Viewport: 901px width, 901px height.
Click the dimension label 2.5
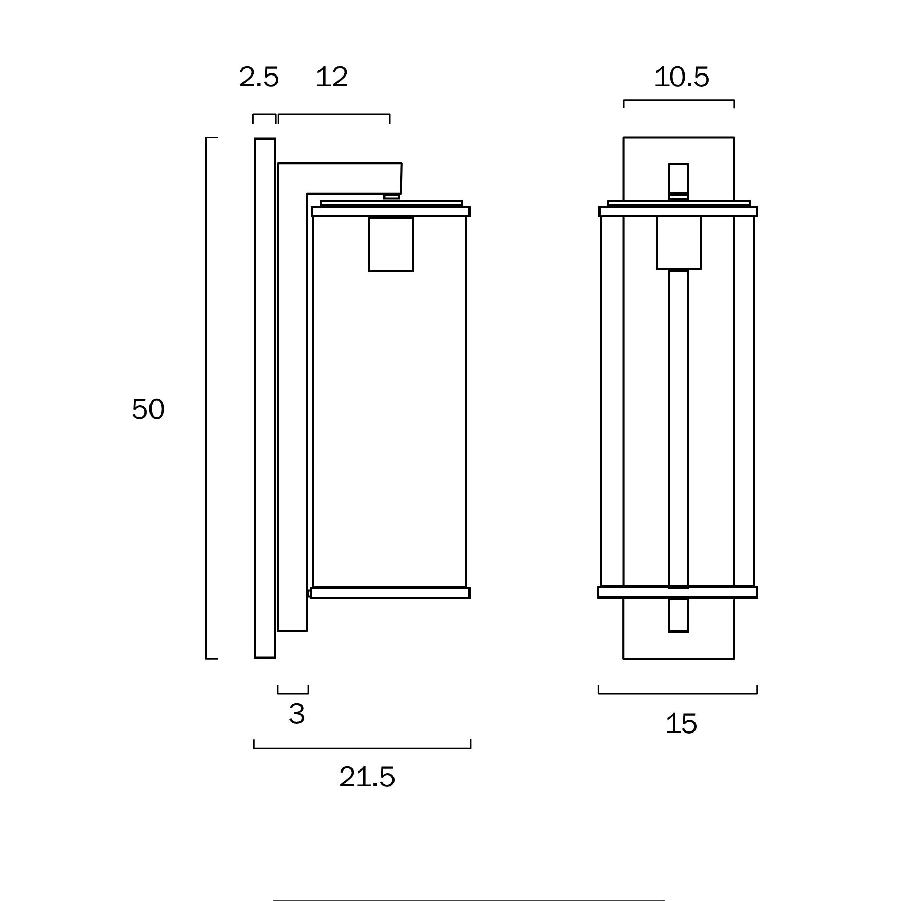tap(259, 78)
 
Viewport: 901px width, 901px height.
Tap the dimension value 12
tap(331, 78)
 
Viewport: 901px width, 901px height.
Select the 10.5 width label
tap(681, 78)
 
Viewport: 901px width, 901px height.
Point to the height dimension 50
tap(148, 409)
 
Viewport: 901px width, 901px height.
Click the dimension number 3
tap(296, 714)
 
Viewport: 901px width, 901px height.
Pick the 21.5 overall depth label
tap(367, 777)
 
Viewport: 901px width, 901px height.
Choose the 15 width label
tap(681, 723)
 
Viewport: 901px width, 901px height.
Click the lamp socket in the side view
tap(391, 245)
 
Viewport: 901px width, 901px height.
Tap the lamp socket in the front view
tap(678, 242)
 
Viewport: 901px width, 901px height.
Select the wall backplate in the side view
tap(265, 398)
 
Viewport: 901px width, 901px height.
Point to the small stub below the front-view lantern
tap(678, 615)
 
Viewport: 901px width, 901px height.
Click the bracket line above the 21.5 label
tap(362, 748)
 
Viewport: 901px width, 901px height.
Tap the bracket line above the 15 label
tap(678, 693)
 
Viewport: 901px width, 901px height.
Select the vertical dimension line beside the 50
tap(206, 398)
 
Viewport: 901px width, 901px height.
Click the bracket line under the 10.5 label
tap(679, 101)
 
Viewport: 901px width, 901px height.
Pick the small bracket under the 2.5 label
tap(264, 115)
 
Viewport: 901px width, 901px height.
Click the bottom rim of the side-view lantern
tap(390, 593)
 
